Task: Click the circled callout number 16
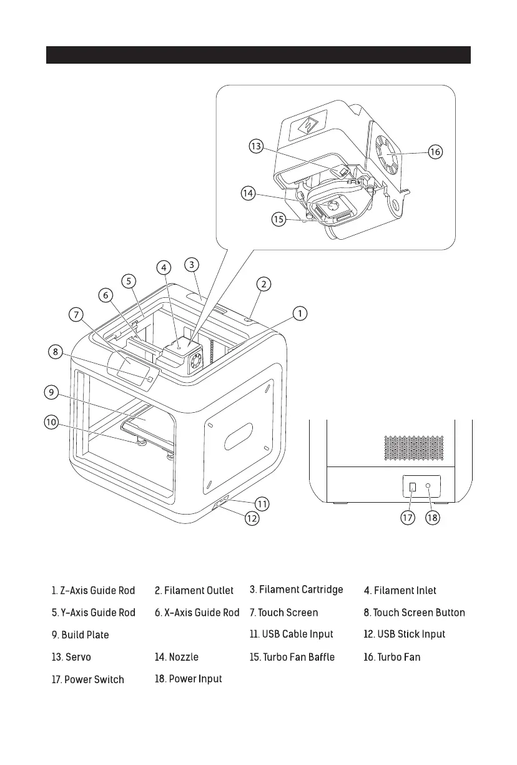[435, 151]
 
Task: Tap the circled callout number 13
[255, 147]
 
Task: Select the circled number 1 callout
[301, 313]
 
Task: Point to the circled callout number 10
[51, 422]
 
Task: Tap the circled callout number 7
[77, 315]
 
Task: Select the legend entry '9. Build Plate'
[80, 635]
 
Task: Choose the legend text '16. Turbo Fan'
[391, 658]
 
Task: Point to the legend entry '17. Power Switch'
[87, 679]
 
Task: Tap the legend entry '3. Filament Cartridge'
[296, 590]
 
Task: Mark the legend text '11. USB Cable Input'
[291, 634]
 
